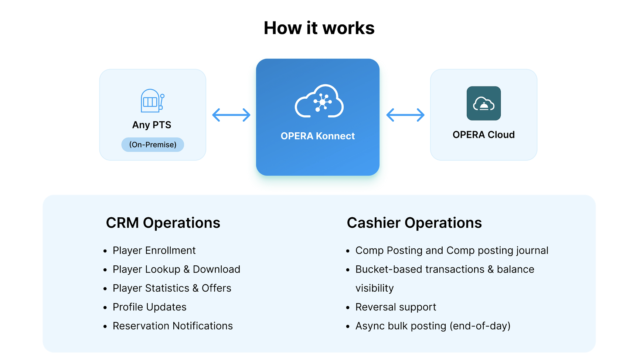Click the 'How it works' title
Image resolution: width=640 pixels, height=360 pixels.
(319, 28)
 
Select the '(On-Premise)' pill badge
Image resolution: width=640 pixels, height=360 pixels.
(153, 145)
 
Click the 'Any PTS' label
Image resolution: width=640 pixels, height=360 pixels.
(152, 125)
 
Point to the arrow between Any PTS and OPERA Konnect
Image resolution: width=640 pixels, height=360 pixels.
(231, 115)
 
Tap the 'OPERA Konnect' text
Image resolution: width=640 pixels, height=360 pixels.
(318, 136)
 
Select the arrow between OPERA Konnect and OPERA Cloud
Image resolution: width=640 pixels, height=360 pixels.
(405, 115)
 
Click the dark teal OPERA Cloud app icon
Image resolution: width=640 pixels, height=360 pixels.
(484, 103)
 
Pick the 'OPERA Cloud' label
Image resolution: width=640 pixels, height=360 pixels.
(484, 135)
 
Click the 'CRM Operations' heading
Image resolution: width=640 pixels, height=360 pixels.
(163, 223)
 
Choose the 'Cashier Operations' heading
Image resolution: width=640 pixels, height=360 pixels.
(414, 223)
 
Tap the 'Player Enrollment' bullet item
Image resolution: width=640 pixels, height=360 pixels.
(154, 251)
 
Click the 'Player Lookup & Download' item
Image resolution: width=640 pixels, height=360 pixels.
(177, 269)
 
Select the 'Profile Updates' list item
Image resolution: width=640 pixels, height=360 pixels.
(150, 307)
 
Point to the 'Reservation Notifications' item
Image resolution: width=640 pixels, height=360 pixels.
(173, 326)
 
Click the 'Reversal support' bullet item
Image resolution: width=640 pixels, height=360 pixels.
(396, 307)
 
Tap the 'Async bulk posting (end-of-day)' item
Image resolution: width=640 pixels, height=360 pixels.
(433, 326)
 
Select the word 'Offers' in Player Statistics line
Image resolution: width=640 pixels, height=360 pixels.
(217, 288)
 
